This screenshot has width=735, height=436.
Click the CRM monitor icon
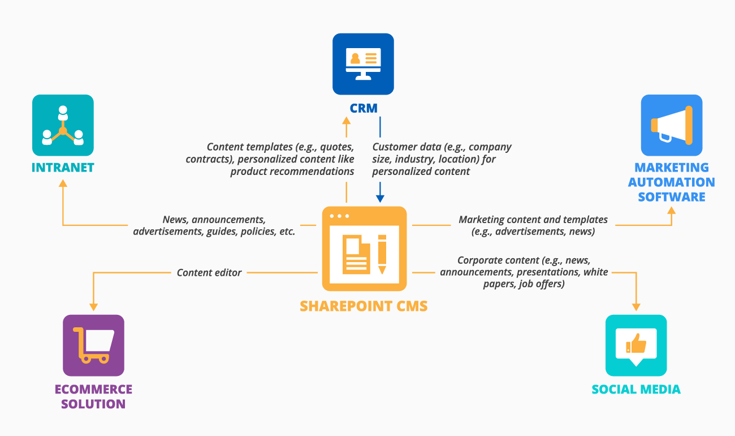[363, 64]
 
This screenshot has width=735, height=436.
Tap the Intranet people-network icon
[63, 125]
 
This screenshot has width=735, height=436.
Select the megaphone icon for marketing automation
[671, 125]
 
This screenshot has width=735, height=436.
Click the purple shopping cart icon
[93, 345]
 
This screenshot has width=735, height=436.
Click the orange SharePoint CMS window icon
[364, 249]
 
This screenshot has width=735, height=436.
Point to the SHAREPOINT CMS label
[364, 306]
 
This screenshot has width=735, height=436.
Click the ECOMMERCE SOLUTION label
[93, 396]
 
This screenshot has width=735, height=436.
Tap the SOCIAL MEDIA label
[636, 389]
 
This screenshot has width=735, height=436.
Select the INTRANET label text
[63, 168]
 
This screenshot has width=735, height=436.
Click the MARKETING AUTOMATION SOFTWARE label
[671, 182]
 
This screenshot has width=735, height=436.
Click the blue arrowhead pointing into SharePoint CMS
[380, 198]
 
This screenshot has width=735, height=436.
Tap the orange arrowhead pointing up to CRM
[347, 119]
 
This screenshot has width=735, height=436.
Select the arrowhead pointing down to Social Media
[636, 306]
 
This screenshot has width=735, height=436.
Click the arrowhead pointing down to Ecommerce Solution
[93, 306]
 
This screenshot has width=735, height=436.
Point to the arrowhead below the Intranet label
[63, 183]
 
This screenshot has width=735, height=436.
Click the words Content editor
[209, 273]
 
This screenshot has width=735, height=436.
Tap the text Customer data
[403, 147]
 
